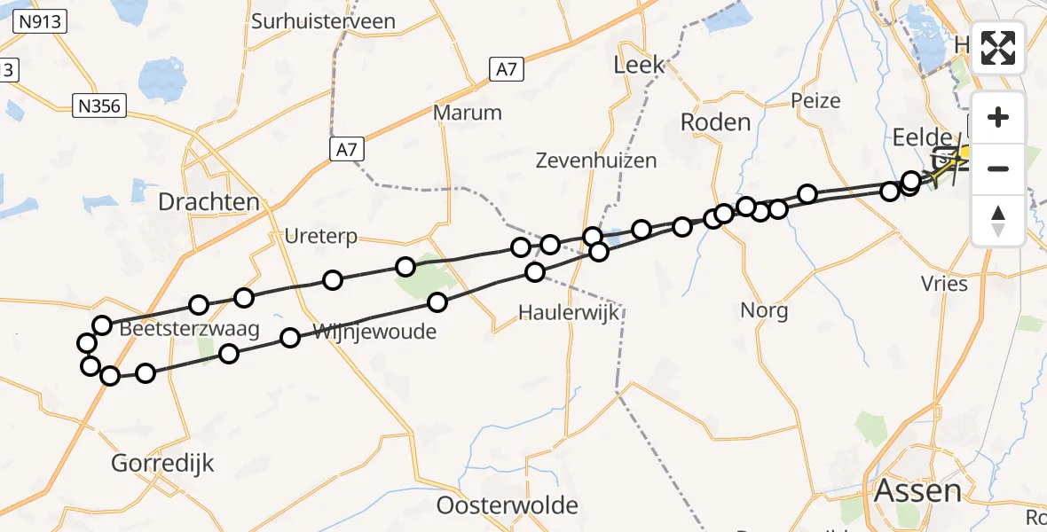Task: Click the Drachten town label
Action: pyautogui.click(x=209, y=202)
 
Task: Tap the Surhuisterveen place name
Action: pyautogui.click(x=323, y=21)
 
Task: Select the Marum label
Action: pyautogui.click(x=468, y=113)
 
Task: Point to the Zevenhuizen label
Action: pyautogui.click(x=596, y=160)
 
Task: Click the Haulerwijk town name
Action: pyautogui.click(x=569, y=312)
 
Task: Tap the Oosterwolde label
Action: pyautogui.click(x=508, y=506)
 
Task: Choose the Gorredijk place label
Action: pyautogui.click(x=163, y=462)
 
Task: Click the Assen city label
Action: pyautogui.click(x=918, y=491)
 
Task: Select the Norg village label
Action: pyautogui.click(x=764, y=310)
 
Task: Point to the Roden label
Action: pyautogui.click(x=715, y=122)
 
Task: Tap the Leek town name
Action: pyautogui.click(x=639, y=65)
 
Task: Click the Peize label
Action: pyautogui.click(x=815, y=100)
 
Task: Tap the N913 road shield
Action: pyautogui.click(x=42, y=21)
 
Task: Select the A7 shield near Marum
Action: pyautogui.click(x=346, y=151)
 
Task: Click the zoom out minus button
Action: pyautogui.click(x=998, y=168)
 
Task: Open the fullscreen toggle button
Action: pyautogui.click(x=998, y=48)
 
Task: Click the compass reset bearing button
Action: pyautogui.click(x=998, y=221)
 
